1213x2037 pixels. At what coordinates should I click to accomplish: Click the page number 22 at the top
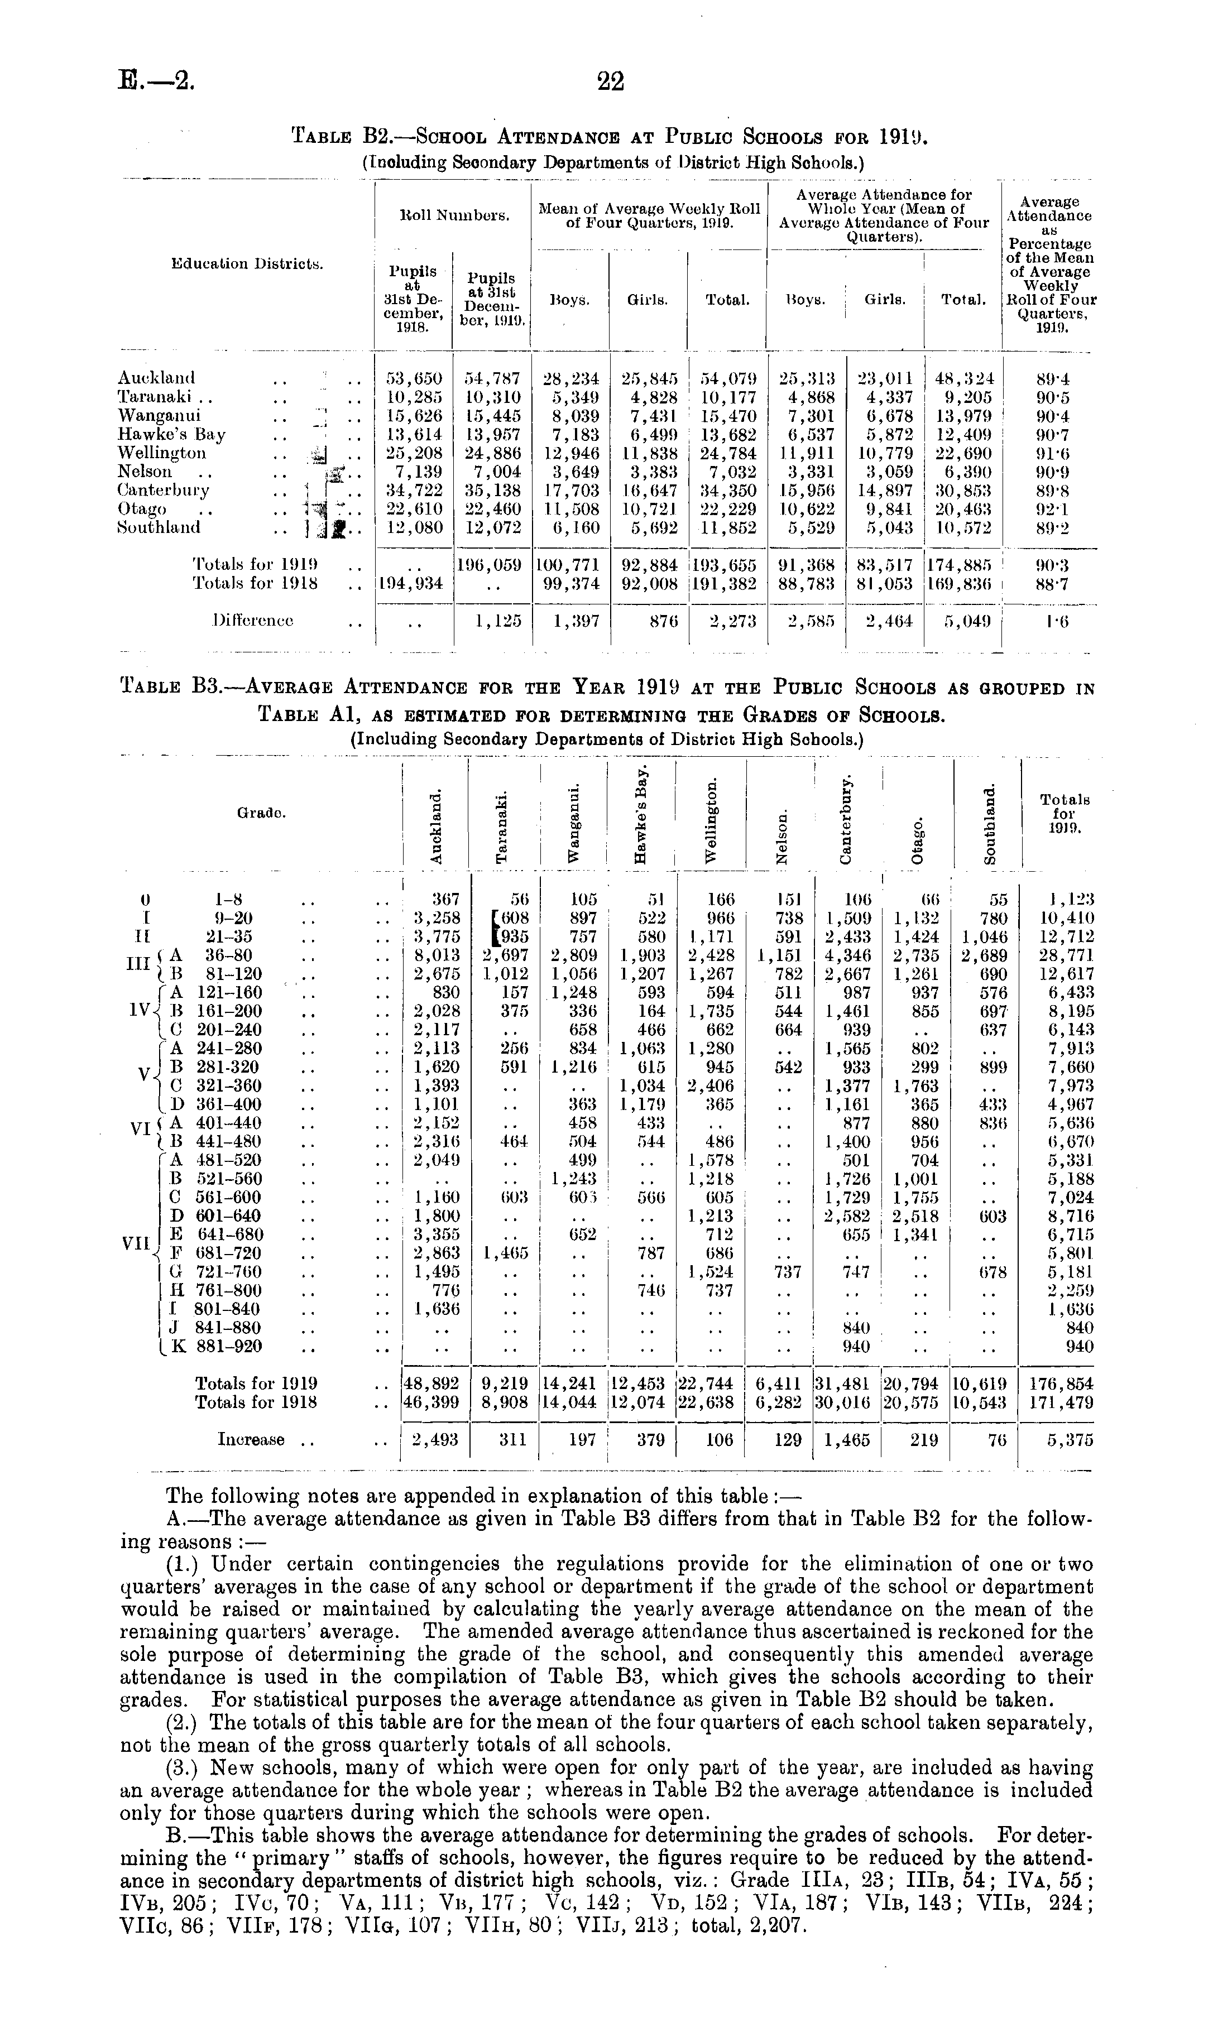pyautogui.click(x=611, y=81)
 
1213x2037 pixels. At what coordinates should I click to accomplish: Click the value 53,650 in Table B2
pyautogui.click(x=414, y=378)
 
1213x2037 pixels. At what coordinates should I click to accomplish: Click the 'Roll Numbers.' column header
pyautogui.click(x=452, y=217)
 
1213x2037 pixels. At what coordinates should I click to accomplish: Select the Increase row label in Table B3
pyautogui.click(x=252, y=1440)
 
